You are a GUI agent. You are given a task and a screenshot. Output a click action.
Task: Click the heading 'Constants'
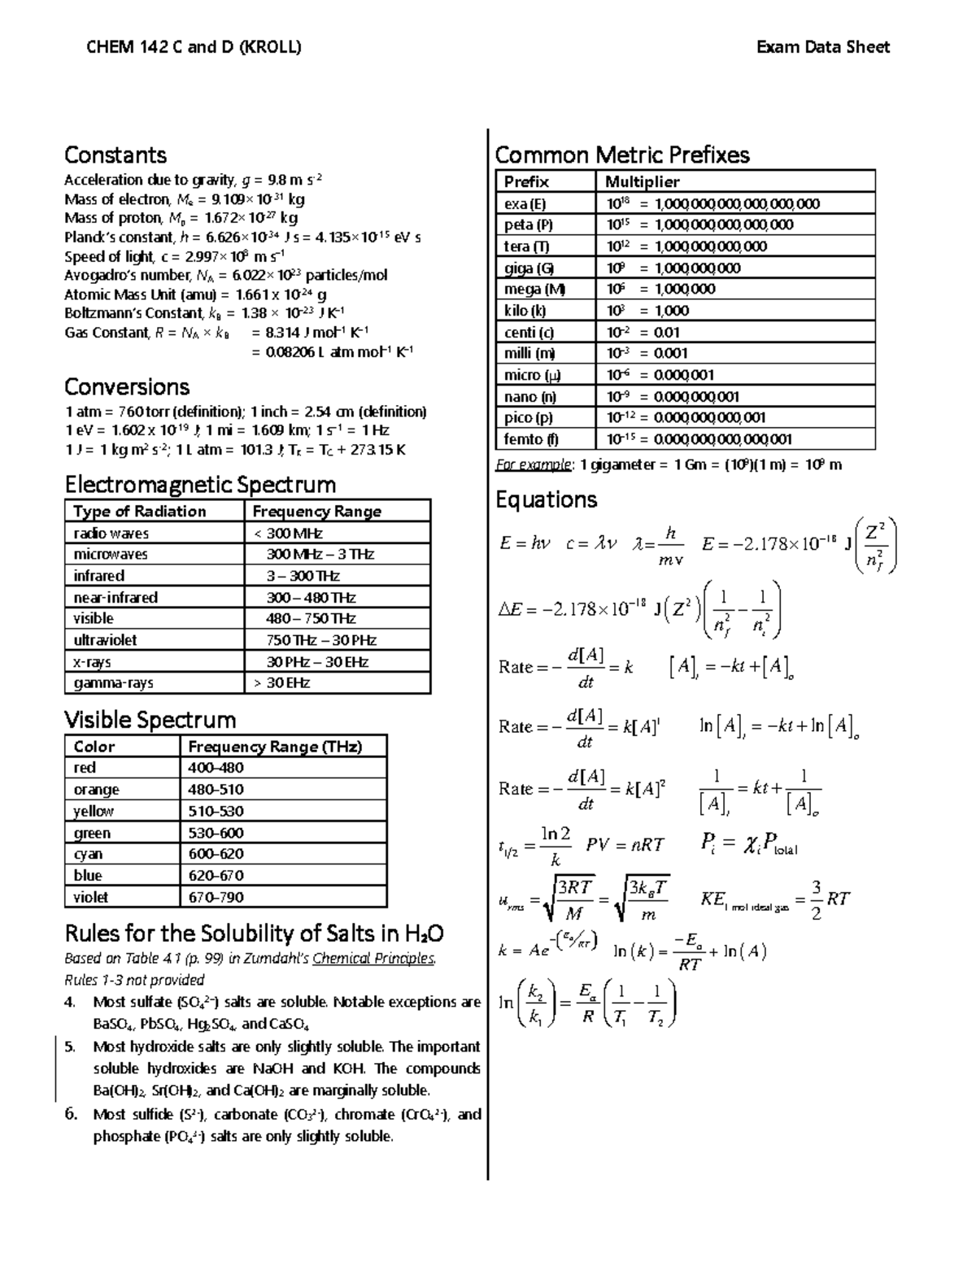115,155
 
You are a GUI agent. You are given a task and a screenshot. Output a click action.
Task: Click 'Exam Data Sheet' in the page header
822,47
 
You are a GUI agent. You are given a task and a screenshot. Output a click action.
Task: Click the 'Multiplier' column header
642,181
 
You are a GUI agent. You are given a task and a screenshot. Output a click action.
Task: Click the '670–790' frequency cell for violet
216,897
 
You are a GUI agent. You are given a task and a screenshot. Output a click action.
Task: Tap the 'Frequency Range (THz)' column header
275,747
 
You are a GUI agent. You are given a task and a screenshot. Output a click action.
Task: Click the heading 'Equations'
546,499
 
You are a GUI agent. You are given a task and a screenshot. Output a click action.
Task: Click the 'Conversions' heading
126,387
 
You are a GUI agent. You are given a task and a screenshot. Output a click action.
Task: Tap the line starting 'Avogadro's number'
225,276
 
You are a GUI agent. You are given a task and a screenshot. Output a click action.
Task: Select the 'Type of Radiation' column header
139,512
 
